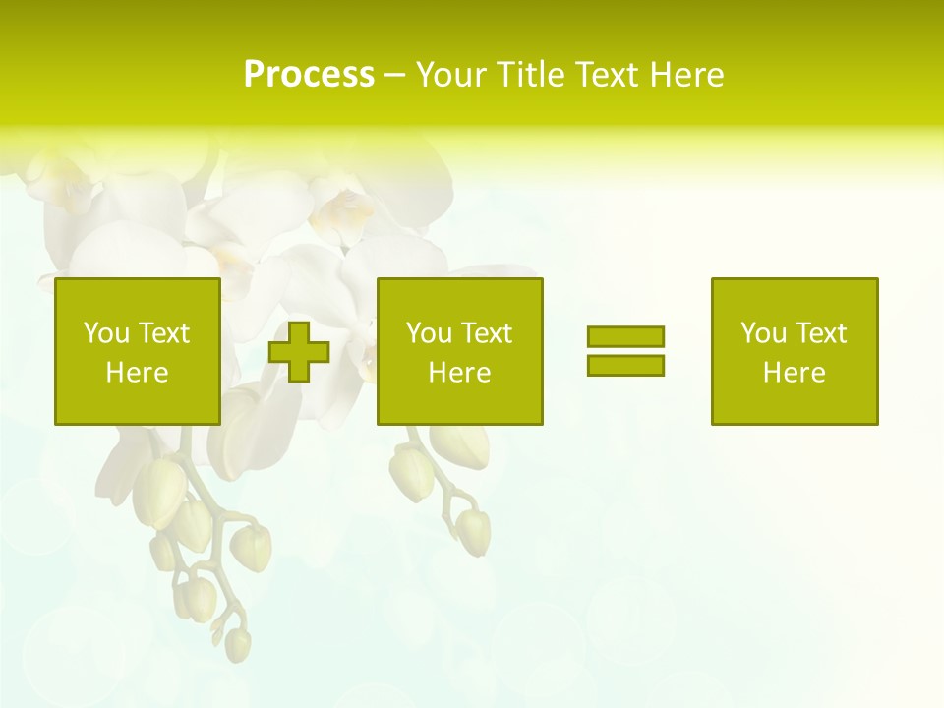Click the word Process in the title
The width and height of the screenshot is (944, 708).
[x=309, y=75]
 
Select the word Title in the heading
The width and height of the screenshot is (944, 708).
[x=531, y=75]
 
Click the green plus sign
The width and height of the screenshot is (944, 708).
[x=299, y=352]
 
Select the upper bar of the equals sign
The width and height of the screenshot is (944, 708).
[x=625, y=336]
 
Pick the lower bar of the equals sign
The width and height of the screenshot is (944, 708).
[x=625, y=365]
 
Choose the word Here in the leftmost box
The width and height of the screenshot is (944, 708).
[x=137, y=373]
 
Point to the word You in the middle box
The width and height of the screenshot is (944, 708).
[x=428, y=333]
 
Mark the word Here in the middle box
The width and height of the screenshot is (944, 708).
[x=459, y=373]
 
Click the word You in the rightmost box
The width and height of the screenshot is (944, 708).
[x=762, y=333]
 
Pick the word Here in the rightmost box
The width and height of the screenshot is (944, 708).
[x=794, y=373]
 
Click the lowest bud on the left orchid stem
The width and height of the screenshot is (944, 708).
[x=237, y=644]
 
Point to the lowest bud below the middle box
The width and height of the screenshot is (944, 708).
[x=474, y=531]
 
